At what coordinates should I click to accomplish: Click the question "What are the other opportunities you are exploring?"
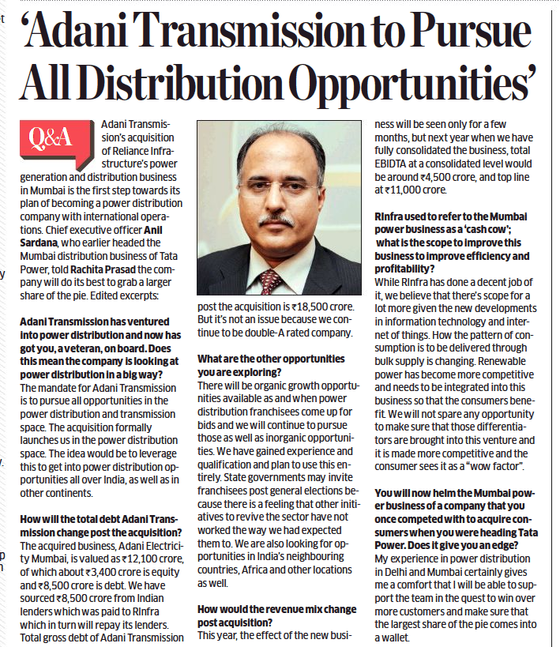[x=271, y=365]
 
